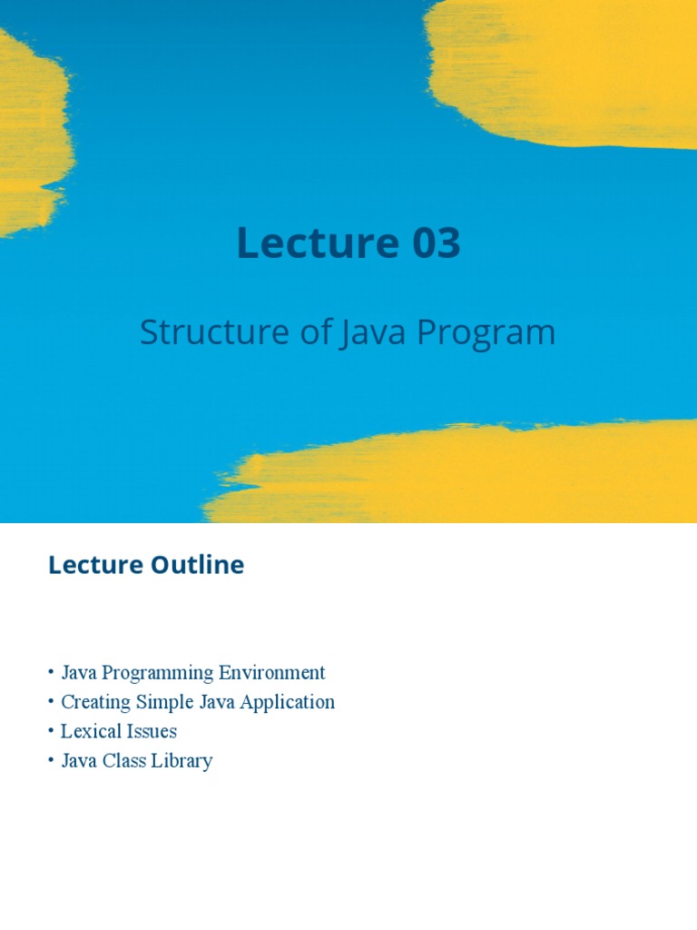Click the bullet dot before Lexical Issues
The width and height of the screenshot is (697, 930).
[52, 731]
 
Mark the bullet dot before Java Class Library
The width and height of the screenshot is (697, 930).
[52, 761]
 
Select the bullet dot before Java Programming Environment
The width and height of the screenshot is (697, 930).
[52, 673]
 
